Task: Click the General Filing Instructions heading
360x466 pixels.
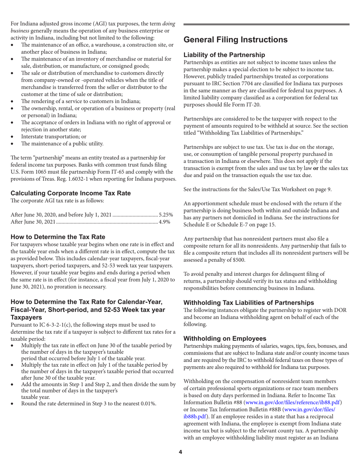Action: tap(235, 40)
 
